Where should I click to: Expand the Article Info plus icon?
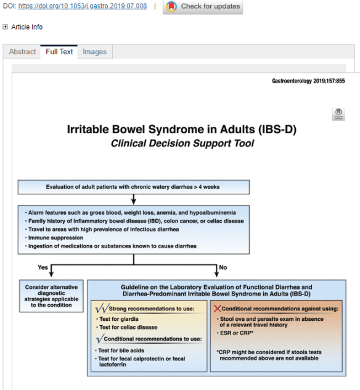tap(6, 27)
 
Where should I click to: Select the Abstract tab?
tap(22, 52)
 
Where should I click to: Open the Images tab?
tap(94, 52)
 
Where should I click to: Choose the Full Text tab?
tap(59, 52)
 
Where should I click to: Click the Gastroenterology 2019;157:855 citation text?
tap(308, 81)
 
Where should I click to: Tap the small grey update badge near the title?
tap(338, 114)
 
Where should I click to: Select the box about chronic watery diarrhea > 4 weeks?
tap(134, 187)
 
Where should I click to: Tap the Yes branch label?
tap(43, 267)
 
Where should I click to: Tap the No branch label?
tap(223, 267)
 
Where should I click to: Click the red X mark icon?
tap(216, 307)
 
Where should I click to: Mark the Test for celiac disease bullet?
tap(129, 327)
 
